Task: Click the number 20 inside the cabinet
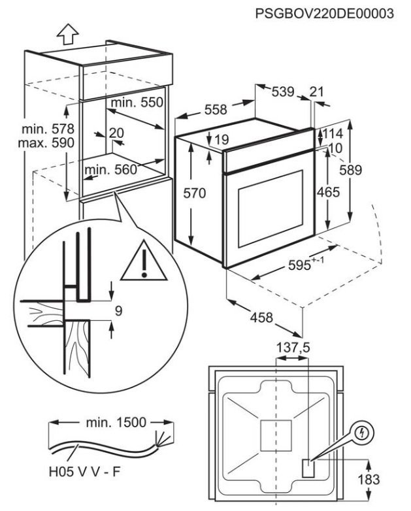[x=116, y=133]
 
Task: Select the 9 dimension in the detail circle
[x=118, y=312]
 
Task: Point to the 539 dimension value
[x=283, y=93]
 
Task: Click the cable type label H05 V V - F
[x=77, y=471]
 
